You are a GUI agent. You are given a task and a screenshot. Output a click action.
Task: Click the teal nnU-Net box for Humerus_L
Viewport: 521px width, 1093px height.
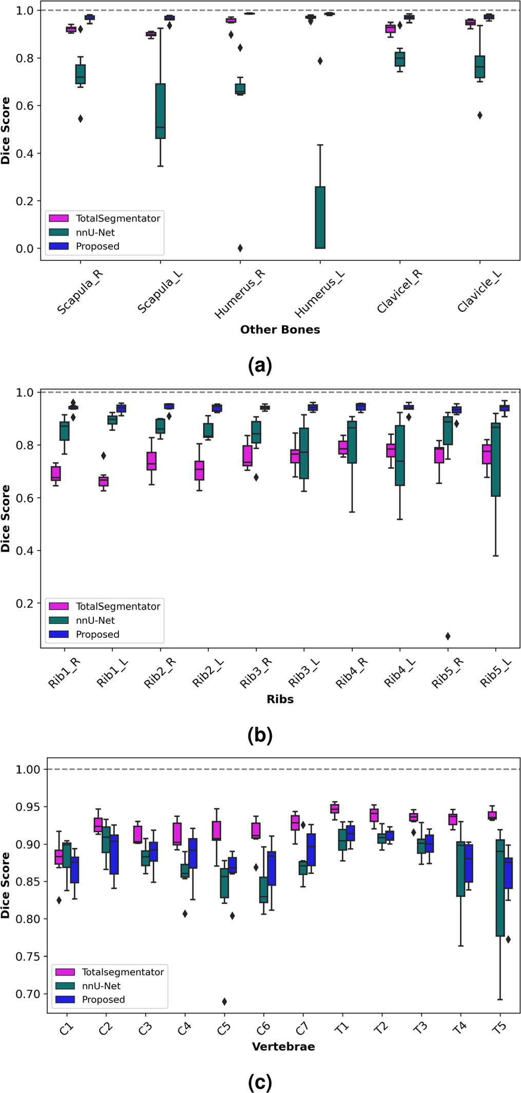point(320,217)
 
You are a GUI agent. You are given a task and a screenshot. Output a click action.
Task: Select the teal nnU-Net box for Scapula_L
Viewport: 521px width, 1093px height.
point(160,111)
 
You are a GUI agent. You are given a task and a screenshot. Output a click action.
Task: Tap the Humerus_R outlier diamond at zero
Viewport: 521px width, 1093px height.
point(240,248)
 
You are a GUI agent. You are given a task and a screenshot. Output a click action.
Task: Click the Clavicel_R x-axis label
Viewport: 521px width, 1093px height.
point(400,290)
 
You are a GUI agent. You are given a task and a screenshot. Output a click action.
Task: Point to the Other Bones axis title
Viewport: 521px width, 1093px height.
point(280,330)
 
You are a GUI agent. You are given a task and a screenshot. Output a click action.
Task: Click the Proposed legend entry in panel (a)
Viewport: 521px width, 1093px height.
point(97,246)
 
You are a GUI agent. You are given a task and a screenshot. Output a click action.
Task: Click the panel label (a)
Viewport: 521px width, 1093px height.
point(260,366)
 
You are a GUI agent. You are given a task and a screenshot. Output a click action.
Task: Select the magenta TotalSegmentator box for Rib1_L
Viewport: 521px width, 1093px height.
point(104,481)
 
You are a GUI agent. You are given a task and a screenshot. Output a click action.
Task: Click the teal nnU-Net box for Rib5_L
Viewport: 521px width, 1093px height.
point(495,459)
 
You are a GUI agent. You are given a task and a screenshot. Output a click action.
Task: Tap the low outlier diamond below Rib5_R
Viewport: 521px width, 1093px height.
point(448,636)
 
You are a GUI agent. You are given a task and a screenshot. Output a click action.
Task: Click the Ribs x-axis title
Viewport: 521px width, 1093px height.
point(280,699)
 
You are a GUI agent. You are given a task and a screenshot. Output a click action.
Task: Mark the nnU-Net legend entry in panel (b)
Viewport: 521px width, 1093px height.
point(95,620)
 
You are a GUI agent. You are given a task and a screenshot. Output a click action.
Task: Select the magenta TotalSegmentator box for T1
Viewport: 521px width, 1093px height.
point(335,809)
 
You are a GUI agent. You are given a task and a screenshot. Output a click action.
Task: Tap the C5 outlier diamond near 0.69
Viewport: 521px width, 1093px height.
point(224,1002)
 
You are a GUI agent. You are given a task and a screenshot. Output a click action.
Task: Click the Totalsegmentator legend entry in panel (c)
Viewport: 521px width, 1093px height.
point(122,972)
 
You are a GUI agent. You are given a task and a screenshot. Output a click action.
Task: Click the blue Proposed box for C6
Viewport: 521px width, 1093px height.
point(272,868)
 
